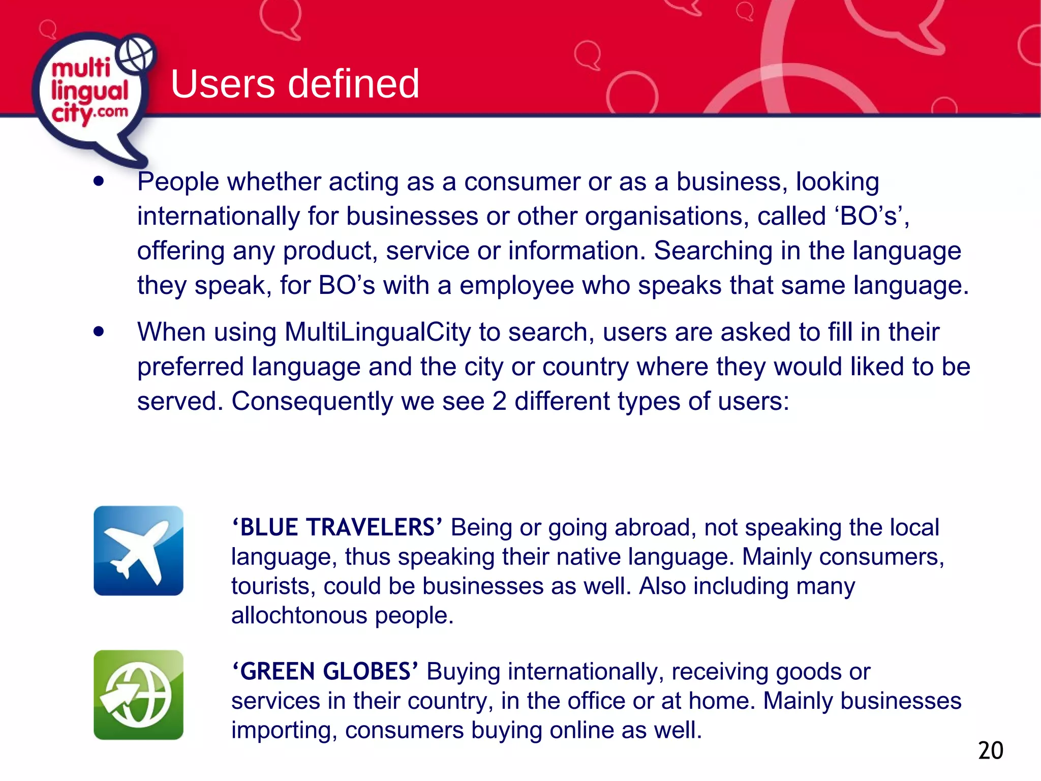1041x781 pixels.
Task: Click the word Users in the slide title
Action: pos(224,84)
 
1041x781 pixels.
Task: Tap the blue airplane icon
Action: pos(138,551)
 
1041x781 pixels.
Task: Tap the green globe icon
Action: pos(138,695)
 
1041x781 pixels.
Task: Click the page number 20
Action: pos(991,750)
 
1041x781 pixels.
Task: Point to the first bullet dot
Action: pos(99,182)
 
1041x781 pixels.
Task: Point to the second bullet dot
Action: pos(99,332)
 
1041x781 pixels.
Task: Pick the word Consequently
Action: pos(312,401)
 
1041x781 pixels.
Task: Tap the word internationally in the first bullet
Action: pos(218,217)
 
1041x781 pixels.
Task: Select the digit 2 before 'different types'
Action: pos(499,401)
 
